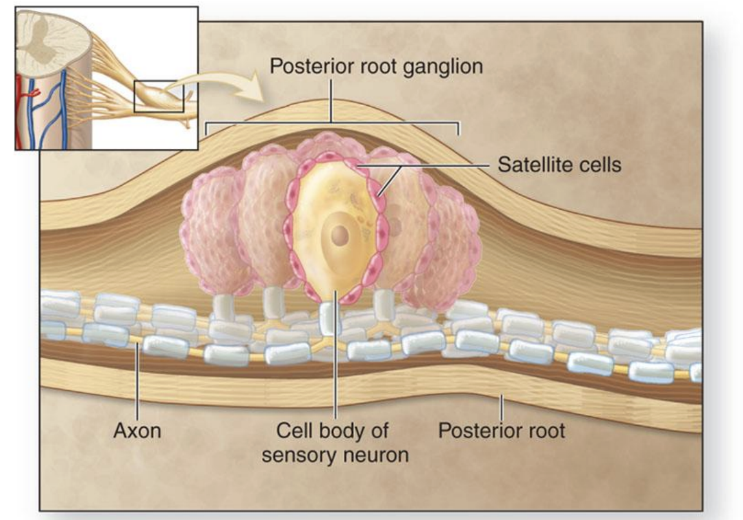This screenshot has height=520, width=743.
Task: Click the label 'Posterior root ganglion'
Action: [x=376, y=66]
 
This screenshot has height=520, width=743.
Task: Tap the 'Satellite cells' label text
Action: [x=559, y=165]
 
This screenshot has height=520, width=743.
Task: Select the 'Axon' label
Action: [x=137, y=430]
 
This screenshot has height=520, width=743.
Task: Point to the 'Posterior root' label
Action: [x=501, y=430]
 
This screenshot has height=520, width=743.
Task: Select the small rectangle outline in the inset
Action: [x=159, y=96]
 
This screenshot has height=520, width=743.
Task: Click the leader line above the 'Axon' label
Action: [x=137, y=381]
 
